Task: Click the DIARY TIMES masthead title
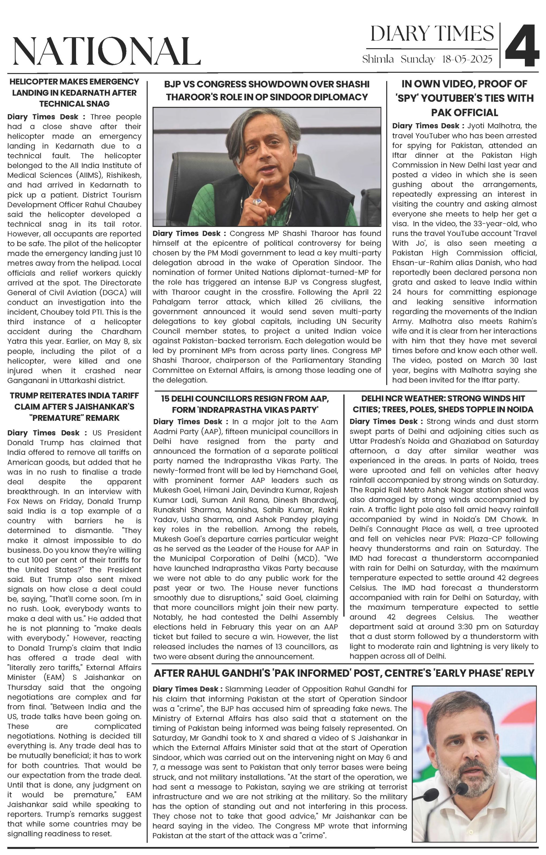tap(432, 34)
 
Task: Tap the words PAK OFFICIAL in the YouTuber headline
tap(464, 113)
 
